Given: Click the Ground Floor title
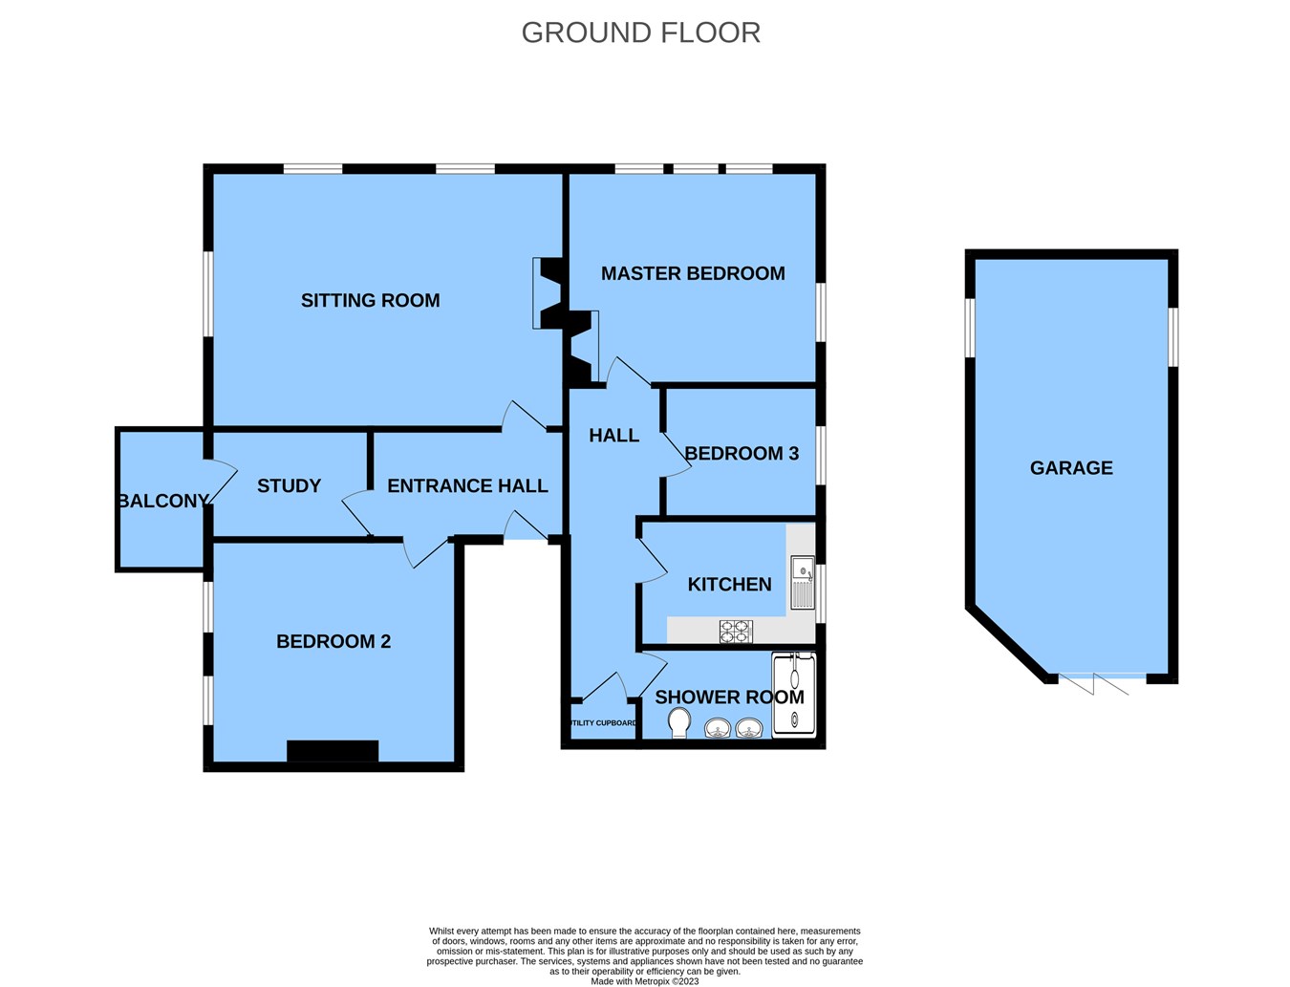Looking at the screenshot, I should tap(640, 32).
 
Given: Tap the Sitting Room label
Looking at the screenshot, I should tap(370, 300).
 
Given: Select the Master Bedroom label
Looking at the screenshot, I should tap(693, 273).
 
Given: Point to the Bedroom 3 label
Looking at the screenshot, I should tap(741, 453).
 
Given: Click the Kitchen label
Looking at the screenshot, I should tap(729, 584).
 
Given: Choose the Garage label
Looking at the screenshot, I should tap(1071, 467).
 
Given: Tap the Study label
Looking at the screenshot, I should tap(289, 485).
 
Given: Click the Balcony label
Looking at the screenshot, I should tap(162, 501).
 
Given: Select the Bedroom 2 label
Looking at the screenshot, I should tap(333, 641).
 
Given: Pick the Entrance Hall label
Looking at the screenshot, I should tap(467, 485).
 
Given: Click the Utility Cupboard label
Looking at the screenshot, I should tap(602, 723).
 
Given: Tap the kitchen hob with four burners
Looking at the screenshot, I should tap(736, 632).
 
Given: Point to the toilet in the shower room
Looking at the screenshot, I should tap(679, 722).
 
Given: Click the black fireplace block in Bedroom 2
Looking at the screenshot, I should tap(333, 751).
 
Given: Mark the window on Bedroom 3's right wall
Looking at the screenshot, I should tap(820, 455).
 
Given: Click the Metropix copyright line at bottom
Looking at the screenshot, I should tap(644, 981).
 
